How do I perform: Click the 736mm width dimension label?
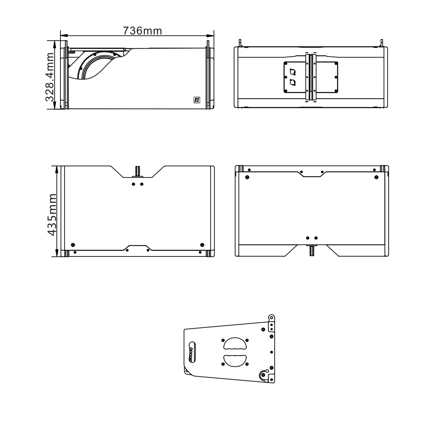142,31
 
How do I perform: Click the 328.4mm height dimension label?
50,77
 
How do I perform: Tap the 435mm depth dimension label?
52,215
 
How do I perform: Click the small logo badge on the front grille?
197,100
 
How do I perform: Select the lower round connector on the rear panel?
293,82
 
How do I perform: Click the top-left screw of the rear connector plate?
286,64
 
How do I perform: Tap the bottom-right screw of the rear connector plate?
336,91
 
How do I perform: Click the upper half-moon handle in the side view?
235,344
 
